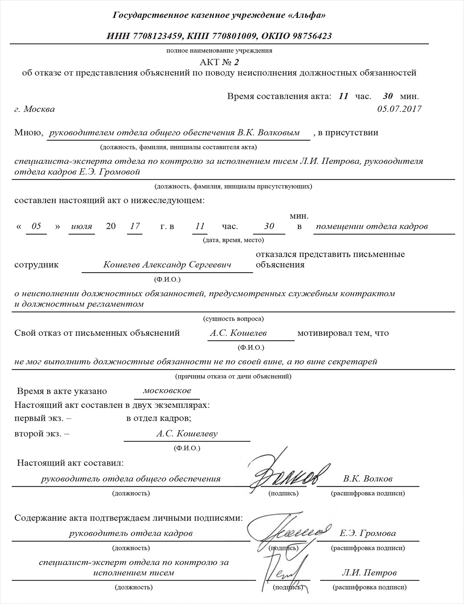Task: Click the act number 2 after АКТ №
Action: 236,62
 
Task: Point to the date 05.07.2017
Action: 399,109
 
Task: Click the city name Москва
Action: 39,109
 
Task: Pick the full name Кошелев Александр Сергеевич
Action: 168,265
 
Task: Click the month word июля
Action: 82,226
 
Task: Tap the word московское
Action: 167,391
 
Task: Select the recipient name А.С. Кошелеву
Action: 187,434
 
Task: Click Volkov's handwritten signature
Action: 286,476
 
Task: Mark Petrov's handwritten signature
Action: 280,571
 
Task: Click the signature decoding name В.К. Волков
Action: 368,479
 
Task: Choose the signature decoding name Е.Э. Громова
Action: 368,533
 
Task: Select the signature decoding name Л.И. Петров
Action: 369,573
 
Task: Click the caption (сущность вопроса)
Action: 233,319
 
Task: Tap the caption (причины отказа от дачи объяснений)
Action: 233,376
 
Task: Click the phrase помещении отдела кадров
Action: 372,226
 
